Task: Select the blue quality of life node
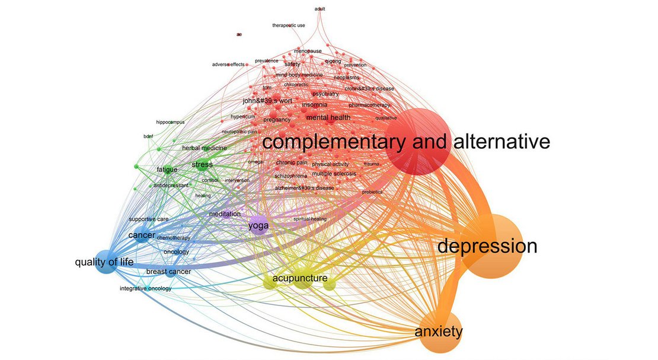click(x=104, y=262)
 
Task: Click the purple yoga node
click(x=258, y=225)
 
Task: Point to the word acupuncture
click(x=300, y=278)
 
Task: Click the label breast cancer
click(x=168, y=272)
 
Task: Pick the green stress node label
click(x=202, y=164)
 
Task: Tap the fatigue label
click(x=167, y=170)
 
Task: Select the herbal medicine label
click(x=205, y=148)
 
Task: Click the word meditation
click(x=225, y=214)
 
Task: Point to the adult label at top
click(x=321, y=9)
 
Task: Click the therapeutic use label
click(x=289, y=26)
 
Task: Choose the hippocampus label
click(x=170, y=122)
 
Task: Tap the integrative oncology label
click(x=145, y=289)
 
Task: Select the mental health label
click(x=328, y=118)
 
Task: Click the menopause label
click(x=308, y=51)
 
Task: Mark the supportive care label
click(x=149, y=219)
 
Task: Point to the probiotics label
click(x=372, y=192)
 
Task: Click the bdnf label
click(x=148, y=136)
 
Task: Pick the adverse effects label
click(x=228, y=64)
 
